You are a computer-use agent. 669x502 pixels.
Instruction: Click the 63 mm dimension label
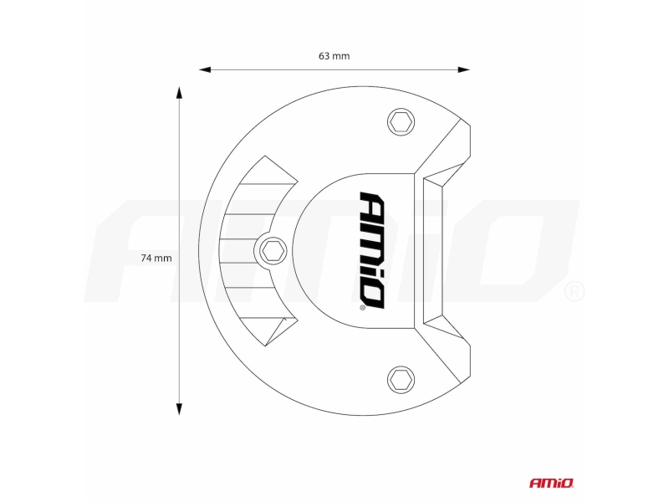pos(334,56)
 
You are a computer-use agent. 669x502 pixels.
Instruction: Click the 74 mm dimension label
pos(156,259)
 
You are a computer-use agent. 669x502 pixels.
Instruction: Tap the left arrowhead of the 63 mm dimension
pos(205,69)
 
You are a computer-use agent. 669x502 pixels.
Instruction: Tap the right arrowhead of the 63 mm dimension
pos(464,69)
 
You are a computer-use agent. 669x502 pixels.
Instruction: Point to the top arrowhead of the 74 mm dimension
pos(179,93)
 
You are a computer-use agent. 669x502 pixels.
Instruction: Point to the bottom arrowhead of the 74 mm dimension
pos(179,409)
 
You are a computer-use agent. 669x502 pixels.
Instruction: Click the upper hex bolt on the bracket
pos(401,122)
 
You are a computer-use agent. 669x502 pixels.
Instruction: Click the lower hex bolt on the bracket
pos(401,380)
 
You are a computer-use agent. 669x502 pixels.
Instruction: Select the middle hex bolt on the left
pos(273,251)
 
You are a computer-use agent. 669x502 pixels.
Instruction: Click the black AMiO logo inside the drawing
pos(371,250)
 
